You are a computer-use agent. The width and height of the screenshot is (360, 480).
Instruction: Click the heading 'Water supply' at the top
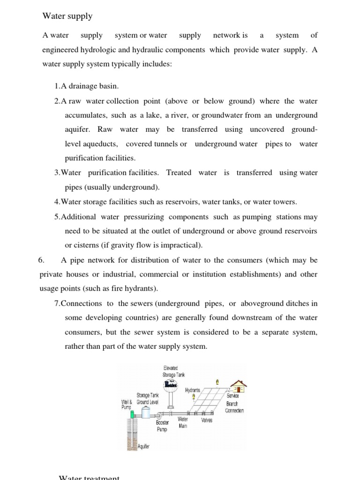pos(67,16)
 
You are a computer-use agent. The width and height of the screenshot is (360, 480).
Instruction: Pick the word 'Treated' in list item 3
pos(179,172)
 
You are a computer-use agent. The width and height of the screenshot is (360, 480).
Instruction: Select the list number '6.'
pos(41,260)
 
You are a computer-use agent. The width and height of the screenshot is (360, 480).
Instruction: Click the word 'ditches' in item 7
pos(294,303)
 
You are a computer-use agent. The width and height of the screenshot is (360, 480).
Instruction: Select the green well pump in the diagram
pos(133,414)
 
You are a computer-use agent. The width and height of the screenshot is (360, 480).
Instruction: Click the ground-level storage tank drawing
pos(146,412)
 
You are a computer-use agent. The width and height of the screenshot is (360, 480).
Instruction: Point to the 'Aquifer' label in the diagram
pos(143,447)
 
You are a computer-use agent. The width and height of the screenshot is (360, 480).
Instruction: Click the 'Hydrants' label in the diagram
pos(193,390)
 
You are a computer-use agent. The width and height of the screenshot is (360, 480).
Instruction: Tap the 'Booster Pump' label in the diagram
pos(162,426)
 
